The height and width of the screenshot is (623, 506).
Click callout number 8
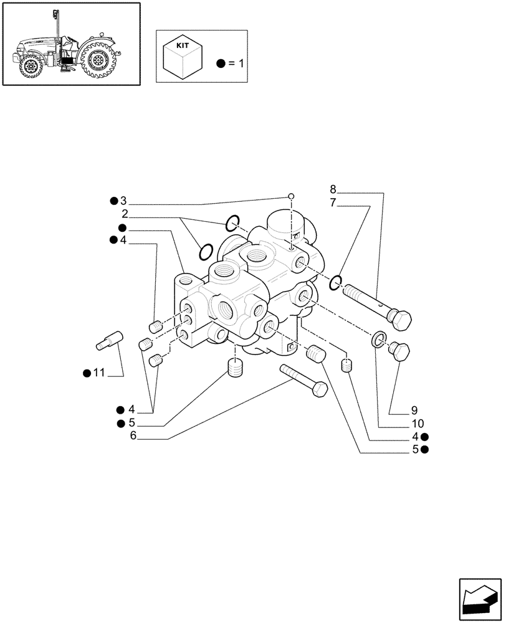pos(333,189)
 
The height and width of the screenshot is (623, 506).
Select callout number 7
pos(333,202)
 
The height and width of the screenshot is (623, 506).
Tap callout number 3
pos(123,201)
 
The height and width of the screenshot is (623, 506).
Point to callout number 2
pos(125,214)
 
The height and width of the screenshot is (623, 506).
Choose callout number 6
pos(133,436)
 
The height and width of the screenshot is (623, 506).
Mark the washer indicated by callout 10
pos(378,340)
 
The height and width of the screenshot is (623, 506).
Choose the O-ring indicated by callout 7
pos(335,282)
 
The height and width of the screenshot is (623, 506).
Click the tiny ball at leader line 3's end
pos(291,197)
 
